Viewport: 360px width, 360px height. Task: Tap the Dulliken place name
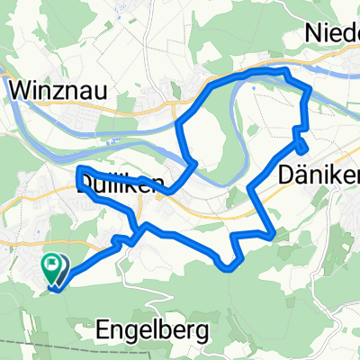pos(121,184)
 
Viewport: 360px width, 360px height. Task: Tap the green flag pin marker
pos(53,268)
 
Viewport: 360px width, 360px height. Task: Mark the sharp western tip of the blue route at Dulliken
pos(79,169)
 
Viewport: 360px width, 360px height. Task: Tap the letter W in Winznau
pos(21,90)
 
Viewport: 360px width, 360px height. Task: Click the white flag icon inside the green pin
pos(53,265)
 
